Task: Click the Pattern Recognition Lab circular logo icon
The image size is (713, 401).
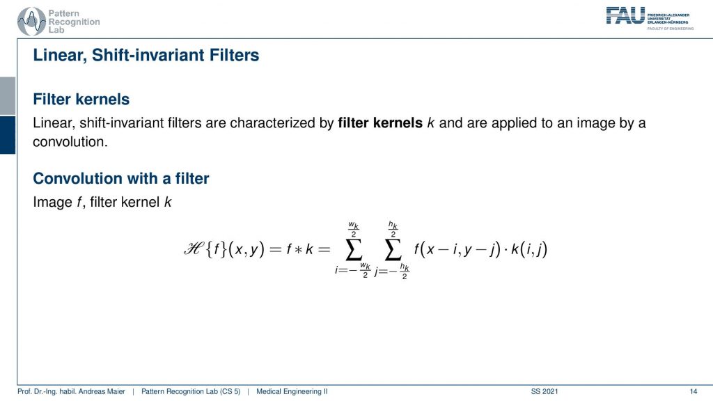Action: click(31, 22)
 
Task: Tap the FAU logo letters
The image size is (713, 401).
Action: click(625, 15)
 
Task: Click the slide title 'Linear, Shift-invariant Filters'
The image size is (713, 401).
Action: click(146, 55)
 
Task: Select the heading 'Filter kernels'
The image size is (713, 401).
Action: click(81, 99)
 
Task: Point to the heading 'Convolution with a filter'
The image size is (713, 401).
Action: click(121, 178)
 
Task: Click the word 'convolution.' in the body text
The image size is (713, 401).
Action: click(70, 142)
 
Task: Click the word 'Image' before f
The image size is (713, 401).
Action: click(52, 203)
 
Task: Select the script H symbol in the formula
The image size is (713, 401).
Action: click(194, 249)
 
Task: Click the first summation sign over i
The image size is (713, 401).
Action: click(354, 250)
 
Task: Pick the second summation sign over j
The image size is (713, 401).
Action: click(393, 250)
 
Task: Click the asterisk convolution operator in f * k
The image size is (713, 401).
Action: click(298, 250)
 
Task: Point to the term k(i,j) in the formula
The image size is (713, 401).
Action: click(529, 249)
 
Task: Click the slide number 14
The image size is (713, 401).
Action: click(694, 391)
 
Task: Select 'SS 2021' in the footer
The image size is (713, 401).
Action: click(544, 391)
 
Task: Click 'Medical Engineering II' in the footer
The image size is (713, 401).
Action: click(292, 391)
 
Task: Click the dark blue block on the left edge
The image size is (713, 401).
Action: click(8, 135)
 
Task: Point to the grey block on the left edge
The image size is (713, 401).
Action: click(8, 96)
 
